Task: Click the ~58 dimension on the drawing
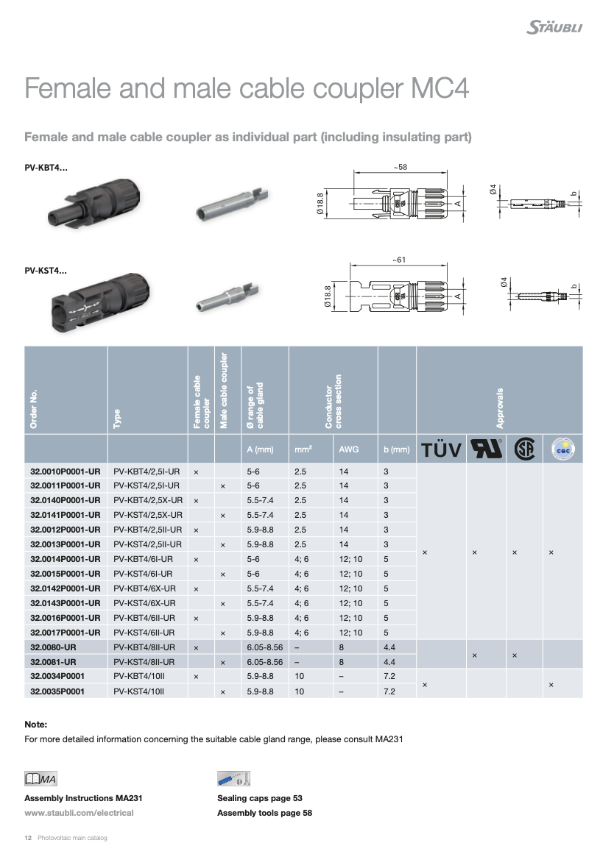(x=400, y=168)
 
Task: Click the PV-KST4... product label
(x=46, y=270)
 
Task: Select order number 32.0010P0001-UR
(x=65, y=471)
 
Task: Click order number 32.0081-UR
(x=55, y=662)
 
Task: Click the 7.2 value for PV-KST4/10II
(x=390, y=691)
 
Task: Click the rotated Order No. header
(x=35, y=408)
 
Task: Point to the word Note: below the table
(x=35, y=725)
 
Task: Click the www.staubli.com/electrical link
(x=79, y=813)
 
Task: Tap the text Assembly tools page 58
(x=264, y=813)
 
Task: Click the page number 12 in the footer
(x=28, y=838)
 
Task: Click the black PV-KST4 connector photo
(x=96, y=301)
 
